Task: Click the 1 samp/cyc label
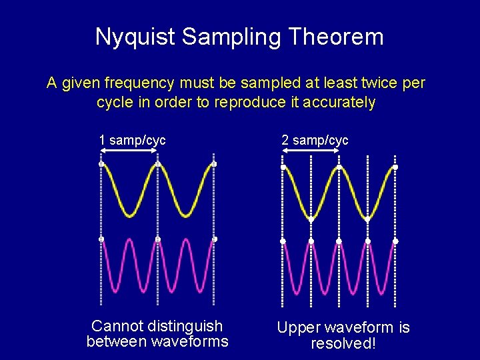tap(132, 140)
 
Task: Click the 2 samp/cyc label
tap(315, 140)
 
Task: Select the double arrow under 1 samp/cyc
tap(129, 153)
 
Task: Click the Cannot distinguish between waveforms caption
tap(157, 334)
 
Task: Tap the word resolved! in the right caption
tap(343, 344)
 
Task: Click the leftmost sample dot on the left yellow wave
tap(101, 164)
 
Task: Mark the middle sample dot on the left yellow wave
tap(157, 164)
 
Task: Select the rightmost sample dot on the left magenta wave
tap(214, 239)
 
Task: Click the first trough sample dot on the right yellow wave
tap(311, 219)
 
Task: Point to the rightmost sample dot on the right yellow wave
tap(395, 167)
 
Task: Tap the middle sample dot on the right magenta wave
tap(339, 241)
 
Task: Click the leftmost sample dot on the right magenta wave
tap(283, 241)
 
